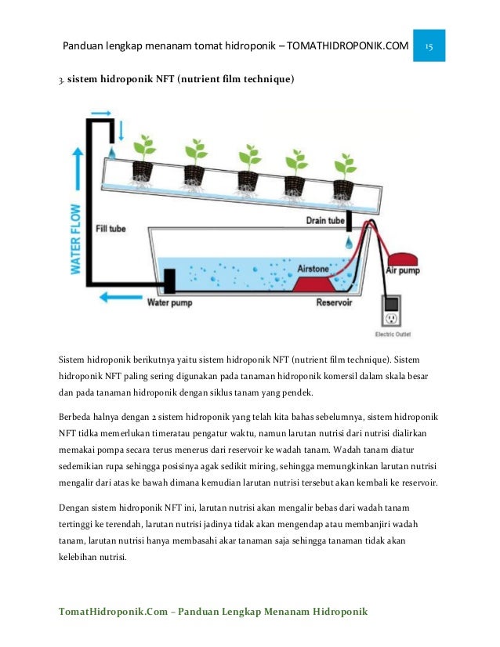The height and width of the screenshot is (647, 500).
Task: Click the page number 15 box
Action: point(430,46)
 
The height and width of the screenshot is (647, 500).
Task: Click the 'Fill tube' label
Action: point(111,229)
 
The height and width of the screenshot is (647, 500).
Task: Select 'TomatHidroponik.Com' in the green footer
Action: point(112,610)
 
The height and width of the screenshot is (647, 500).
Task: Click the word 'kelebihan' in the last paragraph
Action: point(82,558)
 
